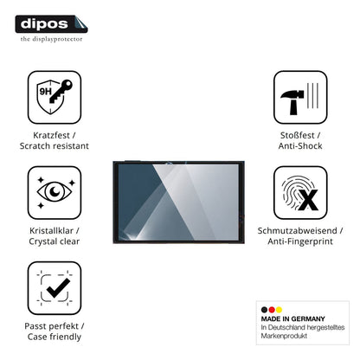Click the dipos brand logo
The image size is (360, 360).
tap(51, 24)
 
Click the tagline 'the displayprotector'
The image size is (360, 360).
tap(51, 39)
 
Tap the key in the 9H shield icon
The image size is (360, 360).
tap(61, 92)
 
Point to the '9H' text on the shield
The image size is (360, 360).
tap(46, 92)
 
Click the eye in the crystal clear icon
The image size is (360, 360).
tap(55, 191)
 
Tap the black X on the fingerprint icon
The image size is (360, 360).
tap(308, 200)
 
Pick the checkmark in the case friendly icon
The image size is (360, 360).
tap(58, 288)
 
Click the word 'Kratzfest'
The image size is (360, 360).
tap(51, 135)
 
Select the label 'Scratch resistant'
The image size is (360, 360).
tap(55, 146)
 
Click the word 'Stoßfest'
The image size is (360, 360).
tap(297, 135)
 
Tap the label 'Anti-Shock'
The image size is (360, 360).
tap(300, 146)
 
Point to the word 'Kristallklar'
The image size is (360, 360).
tap(51, 231)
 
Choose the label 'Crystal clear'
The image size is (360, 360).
tap(55, 241)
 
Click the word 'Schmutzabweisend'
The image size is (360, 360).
tap(297, 231)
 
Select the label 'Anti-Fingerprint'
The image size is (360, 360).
tap(300, 241)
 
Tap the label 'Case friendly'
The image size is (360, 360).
tap(55, 337)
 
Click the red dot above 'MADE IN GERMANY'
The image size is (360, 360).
tap(272, 310)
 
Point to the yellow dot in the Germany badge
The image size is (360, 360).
tap(279, 310)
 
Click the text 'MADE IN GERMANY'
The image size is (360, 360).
tap(292, 319)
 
